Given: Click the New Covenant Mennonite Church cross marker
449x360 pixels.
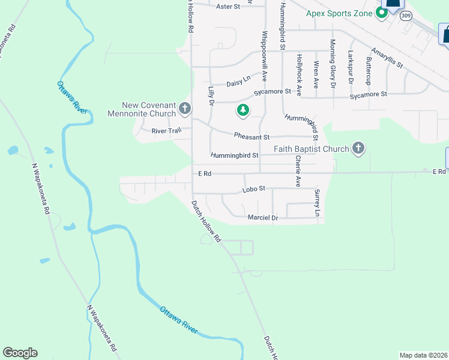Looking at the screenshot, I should (185, 109).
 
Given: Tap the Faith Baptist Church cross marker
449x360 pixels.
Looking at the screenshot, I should (358, 148).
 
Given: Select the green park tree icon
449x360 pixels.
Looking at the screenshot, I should (243, 110).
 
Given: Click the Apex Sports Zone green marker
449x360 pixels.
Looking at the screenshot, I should (381, 13).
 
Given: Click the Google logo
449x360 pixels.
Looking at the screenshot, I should (20, 353).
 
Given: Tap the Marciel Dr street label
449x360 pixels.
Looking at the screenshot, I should (263, 218).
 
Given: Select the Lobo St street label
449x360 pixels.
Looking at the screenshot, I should (253, 189).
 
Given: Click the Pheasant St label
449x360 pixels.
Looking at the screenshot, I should (252, 137).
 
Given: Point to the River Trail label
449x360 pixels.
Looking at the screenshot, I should (166, 131).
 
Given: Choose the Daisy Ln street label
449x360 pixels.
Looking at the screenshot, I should (238, 83).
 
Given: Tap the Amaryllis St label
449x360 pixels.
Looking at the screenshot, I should (387, 58).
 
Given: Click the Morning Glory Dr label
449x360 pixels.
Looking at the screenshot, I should (333, 64).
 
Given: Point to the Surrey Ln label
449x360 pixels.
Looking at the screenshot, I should (317, 203).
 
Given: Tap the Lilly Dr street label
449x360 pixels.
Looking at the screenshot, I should (211, 95).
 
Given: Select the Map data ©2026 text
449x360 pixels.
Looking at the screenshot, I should (424, 355).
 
